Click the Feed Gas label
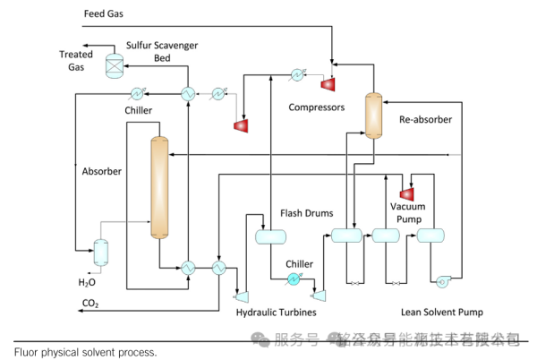click(105, 14)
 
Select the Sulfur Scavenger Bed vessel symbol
click(115, 65)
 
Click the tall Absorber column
click(160, 187)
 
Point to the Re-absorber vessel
click(373, 114)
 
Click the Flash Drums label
click(306, 213)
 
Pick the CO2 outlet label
click(90, 304)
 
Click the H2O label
click(87, 282)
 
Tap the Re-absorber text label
click(425, 119)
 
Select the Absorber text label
click(101, 171)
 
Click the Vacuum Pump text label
click(407, 213)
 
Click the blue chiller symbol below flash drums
click(293, 280)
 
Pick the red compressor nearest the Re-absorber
click(328, 83)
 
